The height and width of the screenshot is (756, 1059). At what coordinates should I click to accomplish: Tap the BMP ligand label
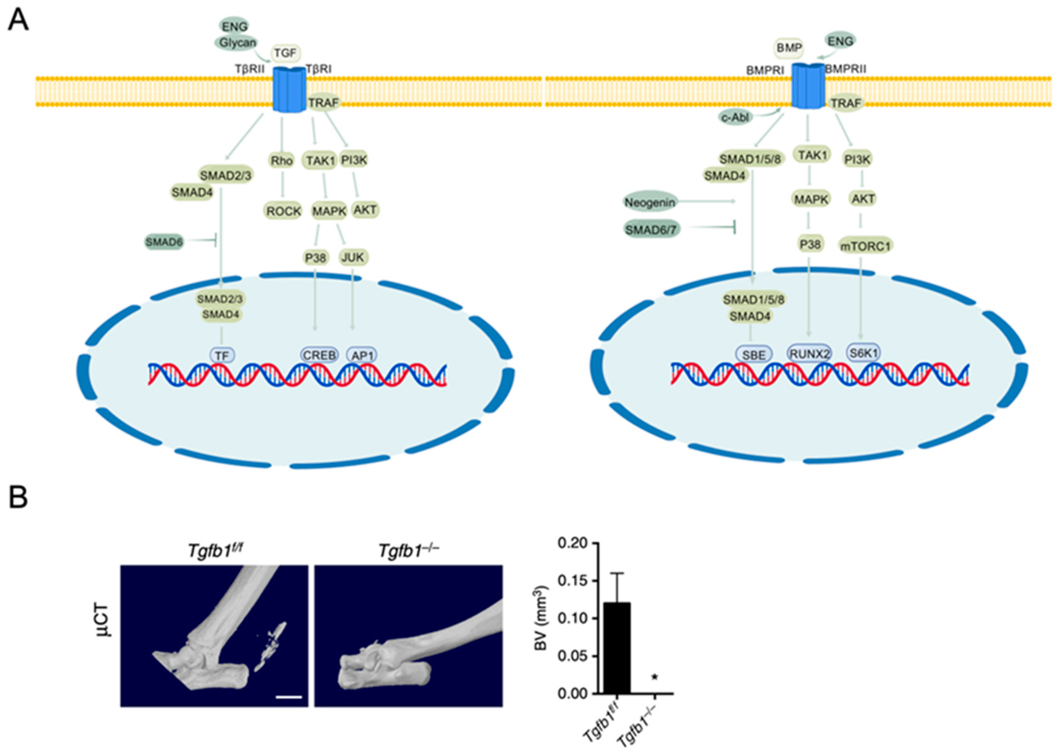(789, 47)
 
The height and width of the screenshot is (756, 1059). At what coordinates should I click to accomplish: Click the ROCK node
(284, 211)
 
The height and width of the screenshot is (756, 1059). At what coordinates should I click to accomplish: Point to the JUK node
(353, 257)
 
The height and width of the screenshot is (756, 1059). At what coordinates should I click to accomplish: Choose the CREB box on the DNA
(319, 355)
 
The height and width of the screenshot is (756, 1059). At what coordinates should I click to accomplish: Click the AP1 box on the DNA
(362, 356)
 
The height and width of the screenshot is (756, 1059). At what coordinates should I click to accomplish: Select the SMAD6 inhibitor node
(164, 242)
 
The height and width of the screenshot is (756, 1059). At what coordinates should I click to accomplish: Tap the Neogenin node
(650, 202)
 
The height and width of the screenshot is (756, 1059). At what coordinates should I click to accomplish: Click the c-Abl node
(736, 118)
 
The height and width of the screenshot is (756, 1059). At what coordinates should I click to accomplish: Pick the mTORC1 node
(866, 246)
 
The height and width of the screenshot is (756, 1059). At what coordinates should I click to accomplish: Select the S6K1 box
(863, 353)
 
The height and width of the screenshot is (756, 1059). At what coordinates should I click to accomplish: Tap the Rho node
(281, 161)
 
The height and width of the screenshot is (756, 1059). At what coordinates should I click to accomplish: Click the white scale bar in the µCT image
(289, 697)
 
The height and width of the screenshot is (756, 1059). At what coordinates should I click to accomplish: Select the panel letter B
(19, 497)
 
